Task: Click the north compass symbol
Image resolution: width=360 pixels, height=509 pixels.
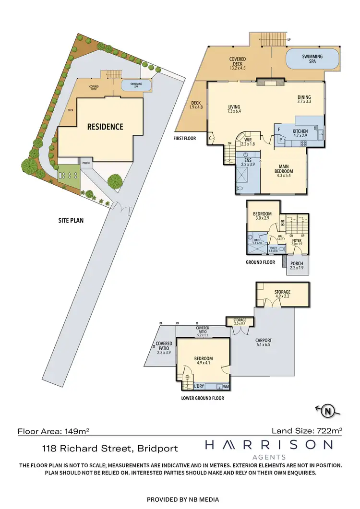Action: pos(327,411)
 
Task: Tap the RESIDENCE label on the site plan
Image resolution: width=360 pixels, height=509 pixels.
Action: pos(105,127)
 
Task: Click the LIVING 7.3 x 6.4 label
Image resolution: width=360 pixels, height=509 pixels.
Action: pos(234,109)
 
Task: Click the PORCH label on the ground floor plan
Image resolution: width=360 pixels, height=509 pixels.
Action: pos(297,266)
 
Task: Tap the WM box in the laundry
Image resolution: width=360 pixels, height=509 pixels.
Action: pos(226,387)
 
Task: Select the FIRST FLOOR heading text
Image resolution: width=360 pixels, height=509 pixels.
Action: pos(185,138)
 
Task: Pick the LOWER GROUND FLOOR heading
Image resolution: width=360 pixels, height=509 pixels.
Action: pos(202,398)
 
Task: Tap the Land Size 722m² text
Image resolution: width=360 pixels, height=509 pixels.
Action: pos(308,431)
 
